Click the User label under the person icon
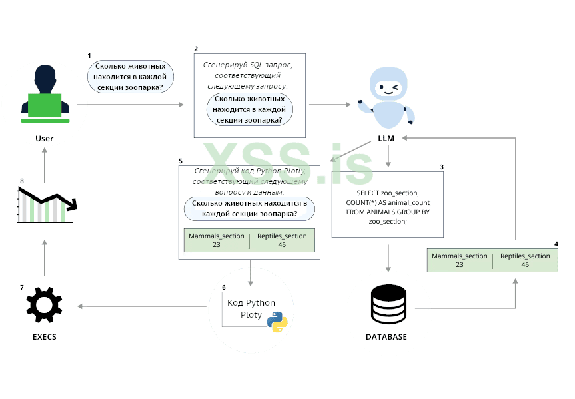point(44,139)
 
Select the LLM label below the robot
point(386,138)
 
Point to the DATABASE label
point(386,337)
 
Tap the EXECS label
point(44,337)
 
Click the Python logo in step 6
point(277,321)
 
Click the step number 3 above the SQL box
point(441,166)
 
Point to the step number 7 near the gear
point(22,287)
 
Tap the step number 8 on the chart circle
point(22,181)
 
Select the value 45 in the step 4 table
point(525,264)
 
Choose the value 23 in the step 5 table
point(216,244)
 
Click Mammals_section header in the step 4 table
point(460,256)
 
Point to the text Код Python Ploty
point(251,308)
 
